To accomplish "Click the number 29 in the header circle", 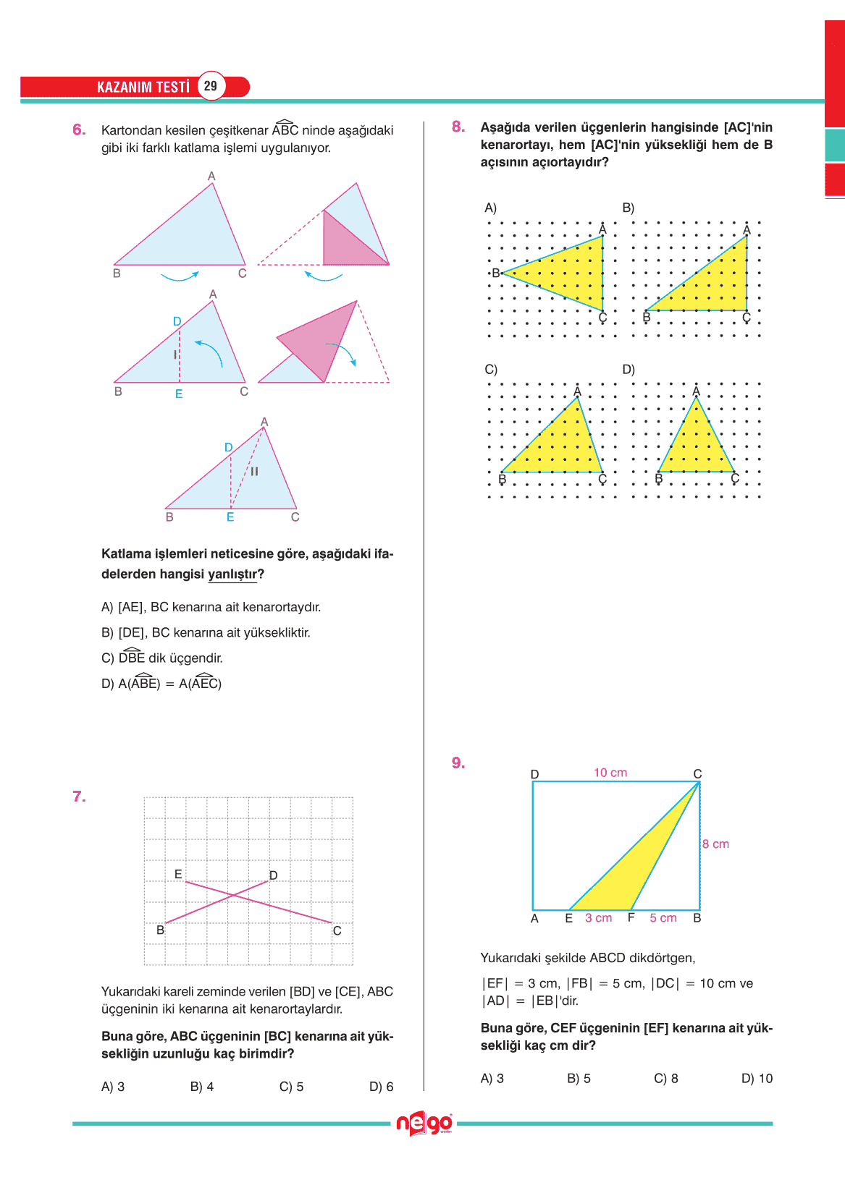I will point(210,86).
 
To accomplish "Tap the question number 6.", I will point(79,130).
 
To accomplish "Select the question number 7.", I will point(79,797).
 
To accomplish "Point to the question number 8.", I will point(458,127).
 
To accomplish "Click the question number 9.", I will point(458,763).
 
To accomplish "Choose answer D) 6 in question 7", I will point(381,1087).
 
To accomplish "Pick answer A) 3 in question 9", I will point(492,1079).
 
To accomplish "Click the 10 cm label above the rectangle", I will point(610,773).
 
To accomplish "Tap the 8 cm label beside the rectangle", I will point(715,844).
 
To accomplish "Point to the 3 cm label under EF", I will point(598,918).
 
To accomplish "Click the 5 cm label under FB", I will point(663,918).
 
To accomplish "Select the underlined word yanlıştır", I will point(232,574).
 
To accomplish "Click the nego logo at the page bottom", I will point(424,1124).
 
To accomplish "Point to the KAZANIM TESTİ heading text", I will point(143,88).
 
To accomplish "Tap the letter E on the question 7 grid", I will point(178,874).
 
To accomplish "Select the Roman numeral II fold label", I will point(254,471).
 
